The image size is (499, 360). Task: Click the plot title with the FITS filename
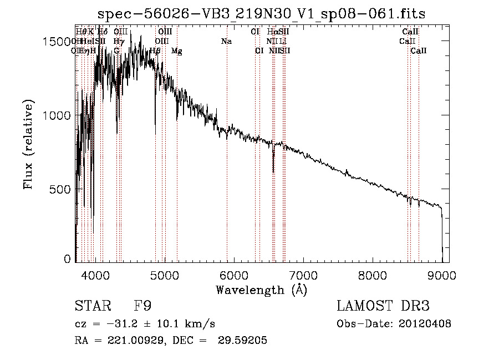coord(261,14)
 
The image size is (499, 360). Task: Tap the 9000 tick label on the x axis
coord(442,273)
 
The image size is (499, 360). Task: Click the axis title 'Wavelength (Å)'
coord(261,289)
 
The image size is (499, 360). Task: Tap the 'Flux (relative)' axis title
coord(29,145)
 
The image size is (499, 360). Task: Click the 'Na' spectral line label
coord(226,42)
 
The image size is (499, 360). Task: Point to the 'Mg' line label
coord(176,51)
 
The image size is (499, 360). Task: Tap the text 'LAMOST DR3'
coord(383,306)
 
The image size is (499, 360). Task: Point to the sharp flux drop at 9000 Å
coord(442,233)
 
